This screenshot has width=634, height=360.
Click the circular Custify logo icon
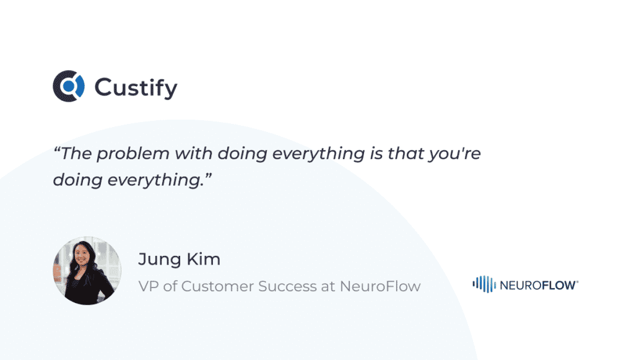point(69,86)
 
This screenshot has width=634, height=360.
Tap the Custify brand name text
point(136,88)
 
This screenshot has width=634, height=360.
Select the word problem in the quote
point(133,154)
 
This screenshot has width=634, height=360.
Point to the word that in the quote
point(406,153)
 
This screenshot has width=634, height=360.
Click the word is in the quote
point(376,153)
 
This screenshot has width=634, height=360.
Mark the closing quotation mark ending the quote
point(208,175)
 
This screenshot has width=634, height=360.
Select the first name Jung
point(159,260)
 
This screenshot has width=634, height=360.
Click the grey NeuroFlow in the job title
point(380,286)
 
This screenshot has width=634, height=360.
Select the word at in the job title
point(328,287)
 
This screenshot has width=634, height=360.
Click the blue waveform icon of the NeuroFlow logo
point(484,284)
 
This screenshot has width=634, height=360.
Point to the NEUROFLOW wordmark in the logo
point(539,286)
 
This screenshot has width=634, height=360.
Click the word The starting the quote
point(76,153)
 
